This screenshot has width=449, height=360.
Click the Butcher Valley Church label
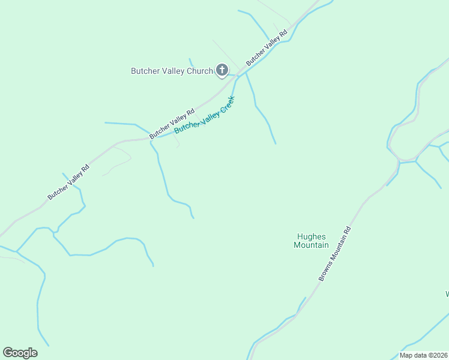pyautogui.click(x=172, y=71)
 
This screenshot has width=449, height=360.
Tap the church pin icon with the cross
pyautogui.click(x=222, y=71)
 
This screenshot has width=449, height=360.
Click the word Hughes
pyautogui.click(x=311, y=236)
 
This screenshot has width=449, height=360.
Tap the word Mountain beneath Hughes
pyautogui.click(x=311, y=245)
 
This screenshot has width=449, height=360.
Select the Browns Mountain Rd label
pyautogui.click(x=334, y=254)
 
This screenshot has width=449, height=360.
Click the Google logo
pyautogui.click(x=20, y=353)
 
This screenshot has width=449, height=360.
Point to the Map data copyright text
pyautogui.click(x=423, y=355)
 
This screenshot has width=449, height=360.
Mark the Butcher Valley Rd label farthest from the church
pyautogui.click(x=69, y=182)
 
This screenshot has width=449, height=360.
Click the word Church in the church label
pyautogui.click(x=200, y=71)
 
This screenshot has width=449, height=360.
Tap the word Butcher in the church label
pyautogui.click(x=145, y=71)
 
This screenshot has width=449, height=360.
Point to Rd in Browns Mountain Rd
pyautogui.click(x=347, y=230)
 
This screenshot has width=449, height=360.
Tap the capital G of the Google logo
pyautogui.click(x=8, y=353)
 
